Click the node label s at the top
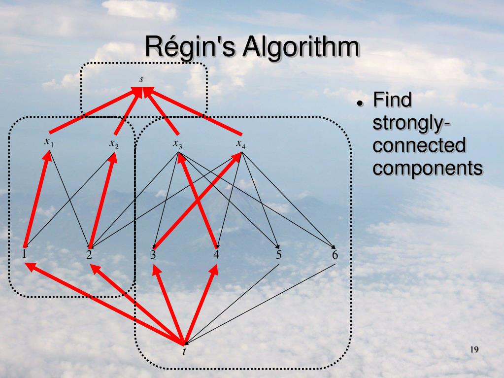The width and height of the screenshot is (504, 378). click(142, 79)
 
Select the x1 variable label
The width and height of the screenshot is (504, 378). click(48, 142)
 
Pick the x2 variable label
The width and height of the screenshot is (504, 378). click(114, 143)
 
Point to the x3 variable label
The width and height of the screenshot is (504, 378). click(177, 143)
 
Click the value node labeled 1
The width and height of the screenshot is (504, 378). click(24, 254)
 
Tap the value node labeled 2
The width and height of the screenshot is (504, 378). click(89, 255)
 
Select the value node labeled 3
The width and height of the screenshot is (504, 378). click(153, 255)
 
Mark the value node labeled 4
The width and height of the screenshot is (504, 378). click(216, 255)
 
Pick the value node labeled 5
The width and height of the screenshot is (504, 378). click(279, 255)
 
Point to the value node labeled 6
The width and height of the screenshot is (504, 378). click(335, 255)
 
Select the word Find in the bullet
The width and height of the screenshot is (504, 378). click(392, 100)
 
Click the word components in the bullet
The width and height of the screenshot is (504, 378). click(427, 167)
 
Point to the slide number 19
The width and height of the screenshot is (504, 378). click(474, 350)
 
